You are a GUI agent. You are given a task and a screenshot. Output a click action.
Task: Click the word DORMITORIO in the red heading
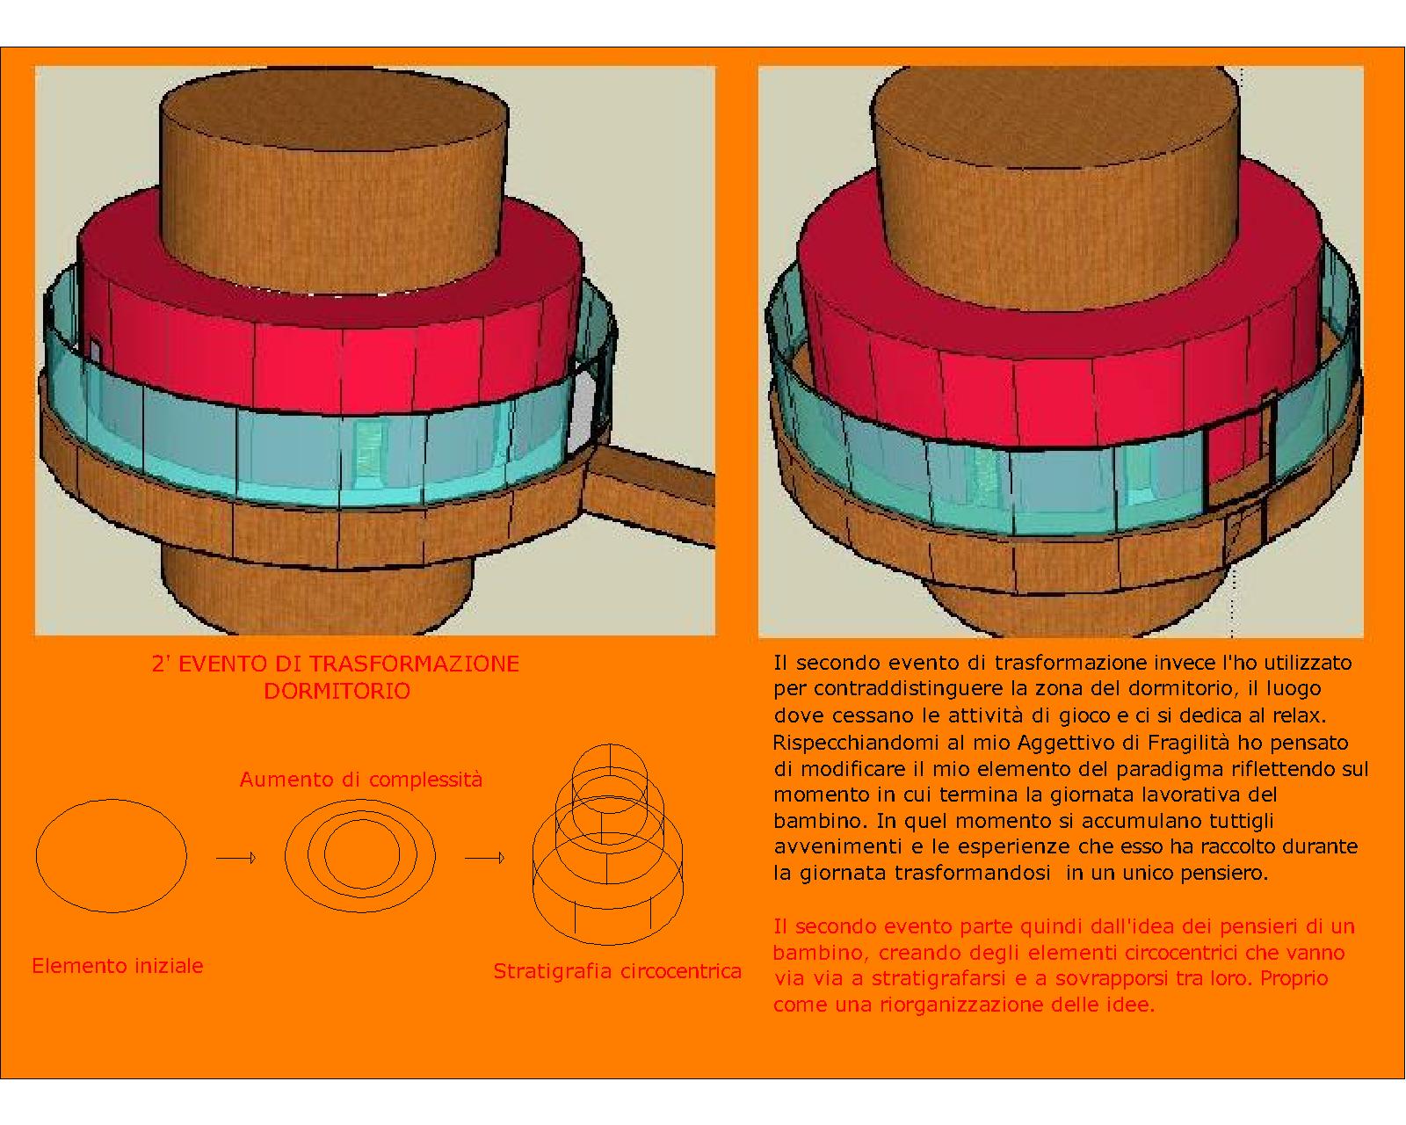click(337, 691)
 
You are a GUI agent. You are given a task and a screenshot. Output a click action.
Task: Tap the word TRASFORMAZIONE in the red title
click(414, 664)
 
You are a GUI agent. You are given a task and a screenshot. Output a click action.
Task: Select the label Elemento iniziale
click(118, 966)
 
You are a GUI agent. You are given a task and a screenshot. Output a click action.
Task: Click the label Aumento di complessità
click(360, 780)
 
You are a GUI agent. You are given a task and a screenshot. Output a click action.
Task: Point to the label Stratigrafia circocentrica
click(618, 970)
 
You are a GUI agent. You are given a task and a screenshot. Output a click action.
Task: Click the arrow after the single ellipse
click(236, 858)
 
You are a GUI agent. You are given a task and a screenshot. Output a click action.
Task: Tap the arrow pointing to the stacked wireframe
click(485, 858)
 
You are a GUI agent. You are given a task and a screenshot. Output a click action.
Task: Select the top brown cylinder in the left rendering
click(335, 183)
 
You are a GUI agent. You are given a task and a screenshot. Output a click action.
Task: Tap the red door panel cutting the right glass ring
click(1239, 451)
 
